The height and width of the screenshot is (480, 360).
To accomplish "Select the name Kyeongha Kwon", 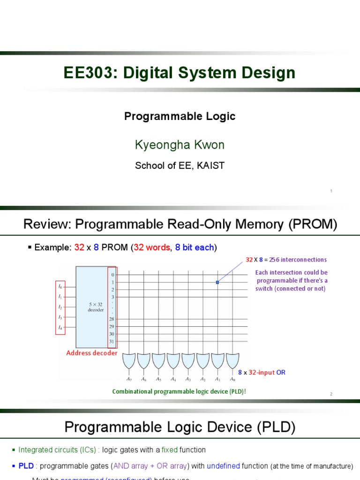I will point(180,145).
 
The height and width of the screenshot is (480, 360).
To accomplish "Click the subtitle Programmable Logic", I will point(180,116).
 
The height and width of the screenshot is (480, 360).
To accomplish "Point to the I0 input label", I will point(60,286).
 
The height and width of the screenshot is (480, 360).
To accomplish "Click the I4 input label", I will point(60,328).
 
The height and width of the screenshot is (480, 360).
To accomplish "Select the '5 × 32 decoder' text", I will point(96,307).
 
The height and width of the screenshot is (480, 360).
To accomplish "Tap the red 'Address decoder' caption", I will point(92,353).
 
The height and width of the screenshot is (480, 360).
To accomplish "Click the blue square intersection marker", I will point(217,282).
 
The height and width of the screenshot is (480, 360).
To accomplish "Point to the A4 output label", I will point(173,379).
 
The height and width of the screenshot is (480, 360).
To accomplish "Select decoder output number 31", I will point(112,341).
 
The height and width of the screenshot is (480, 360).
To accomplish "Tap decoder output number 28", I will point(112,319).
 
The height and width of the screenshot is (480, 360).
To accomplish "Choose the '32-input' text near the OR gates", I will point(260,372).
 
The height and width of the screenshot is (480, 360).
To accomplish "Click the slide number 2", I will point(331,394).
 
